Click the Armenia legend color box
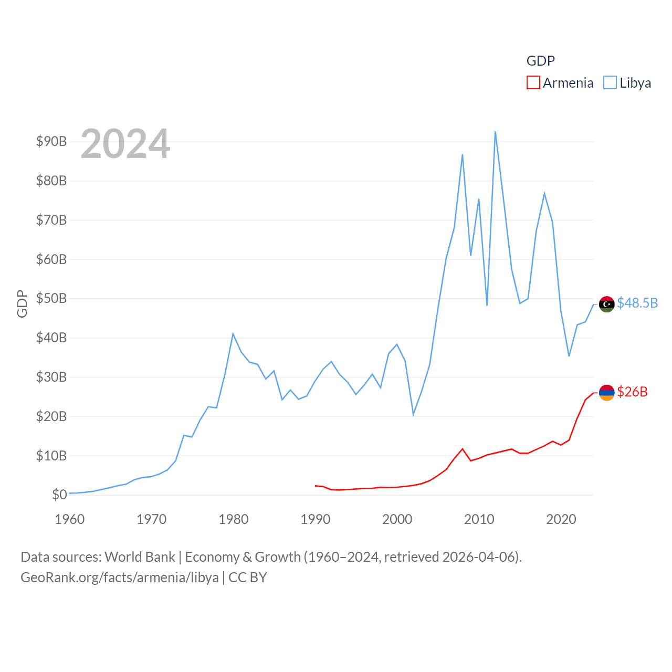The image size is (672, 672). coord(533,83)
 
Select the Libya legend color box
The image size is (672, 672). coord(610,83)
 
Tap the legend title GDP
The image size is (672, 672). coord(541,61)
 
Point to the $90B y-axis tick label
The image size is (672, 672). coord(51,141)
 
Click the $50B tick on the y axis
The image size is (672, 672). coord(51,298)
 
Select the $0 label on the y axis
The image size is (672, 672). coord(59,495)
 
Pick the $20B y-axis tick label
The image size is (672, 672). coord(51,416)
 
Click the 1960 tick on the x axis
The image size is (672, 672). coord(70,519)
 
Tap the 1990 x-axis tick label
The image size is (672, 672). coord(316,519)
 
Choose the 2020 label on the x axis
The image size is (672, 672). coord(561,519)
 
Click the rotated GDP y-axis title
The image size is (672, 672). coord(22,303)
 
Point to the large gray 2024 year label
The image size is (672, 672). coord(125,144)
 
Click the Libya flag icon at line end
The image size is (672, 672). coord(607,304)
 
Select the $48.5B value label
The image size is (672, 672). coord(637,303)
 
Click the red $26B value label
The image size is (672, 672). coord(632,392)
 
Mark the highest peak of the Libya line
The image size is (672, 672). coord(495,132)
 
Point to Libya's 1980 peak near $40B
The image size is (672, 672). coord(233,334)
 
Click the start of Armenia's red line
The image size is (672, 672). coord(316,486)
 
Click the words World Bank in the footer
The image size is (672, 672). coord(140,556)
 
